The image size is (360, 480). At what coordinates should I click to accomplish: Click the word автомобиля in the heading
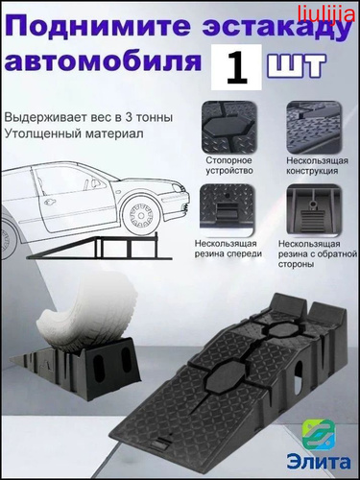point(104,60)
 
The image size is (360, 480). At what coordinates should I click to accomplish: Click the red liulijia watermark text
point(325,14)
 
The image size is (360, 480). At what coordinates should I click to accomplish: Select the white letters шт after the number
point(297,65)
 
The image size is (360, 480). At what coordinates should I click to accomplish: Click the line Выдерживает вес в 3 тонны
point(88,117)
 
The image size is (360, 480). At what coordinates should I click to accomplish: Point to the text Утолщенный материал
point(74,133)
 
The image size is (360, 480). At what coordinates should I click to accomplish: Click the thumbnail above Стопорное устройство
point(229,128)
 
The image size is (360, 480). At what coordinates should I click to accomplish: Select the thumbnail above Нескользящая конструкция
point(314,128)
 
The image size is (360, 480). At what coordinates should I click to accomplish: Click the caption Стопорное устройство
point(229,165)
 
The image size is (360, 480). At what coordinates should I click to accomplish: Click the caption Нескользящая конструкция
point(317,165)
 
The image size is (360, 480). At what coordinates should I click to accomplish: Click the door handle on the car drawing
point(50,202)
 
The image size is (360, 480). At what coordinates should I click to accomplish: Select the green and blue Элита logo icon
point(319,437)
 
